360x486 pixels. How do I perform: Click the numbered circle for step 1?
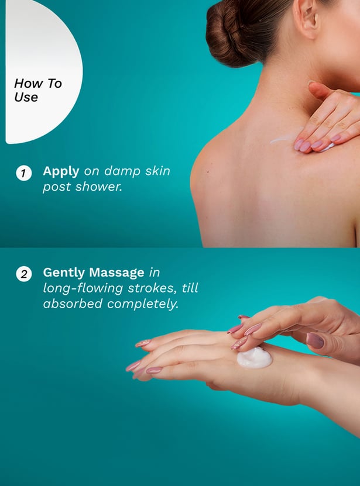(24, 173)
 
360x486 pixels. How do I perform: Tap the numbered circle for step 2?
(24, 274)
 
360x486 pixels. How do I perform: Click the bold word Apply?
(61, 172)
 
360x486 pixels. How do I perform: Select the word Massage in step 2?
(116, 273)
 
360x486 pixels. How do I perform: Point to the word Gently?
(64, 273)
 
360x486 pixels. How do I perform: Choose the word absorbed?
(73, 303)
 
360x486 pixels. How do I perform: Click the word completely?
(143, 304)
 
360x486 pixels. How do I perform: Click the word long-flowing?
(83, 288)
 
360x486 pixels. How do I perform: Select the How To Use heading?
(38, 90)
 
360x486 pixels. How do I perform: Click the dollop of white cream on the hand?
(255, 358)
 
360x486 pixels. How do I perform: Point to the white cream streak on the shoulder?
(285, 139)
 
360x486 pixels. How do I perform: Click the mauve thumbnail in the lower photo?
(315, 340)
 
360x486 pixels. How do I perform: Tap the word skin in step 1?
(157, 171)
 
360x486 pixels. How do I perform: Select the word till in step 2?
(190, 288)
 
